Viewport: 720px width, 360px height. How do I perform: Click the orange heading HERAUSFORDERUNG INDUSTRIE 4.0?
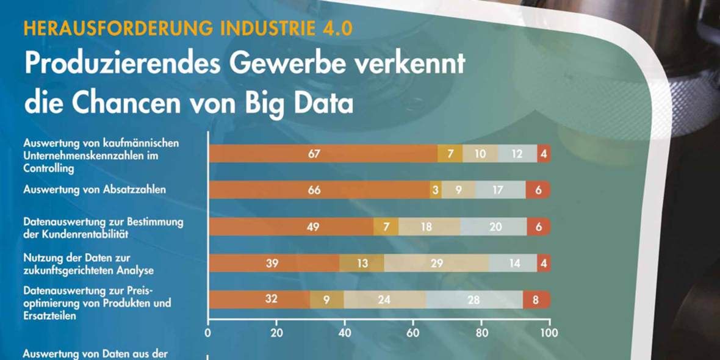tap(188, 29)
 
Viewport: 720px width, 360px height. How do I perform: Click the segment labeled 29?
tap(436, 263)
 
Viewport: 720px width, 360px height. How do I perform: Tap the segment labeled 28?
tap(474, 300)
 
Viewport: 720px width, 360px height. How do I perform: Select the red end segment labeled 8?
tap(536, 300)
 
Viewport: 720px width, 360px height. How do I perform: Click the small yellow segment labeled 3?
tap(436, 190)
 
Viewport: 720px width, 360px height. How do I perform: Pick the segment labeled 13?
tap(362, 263)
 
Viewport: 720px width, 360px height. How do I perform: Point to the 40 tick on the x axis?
tap(345, 333)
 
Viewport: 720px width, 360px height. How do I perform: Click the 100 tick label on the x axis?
tap(549, 333)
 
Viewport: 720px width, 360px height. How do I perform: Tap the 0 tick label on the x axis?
tap(208, 333)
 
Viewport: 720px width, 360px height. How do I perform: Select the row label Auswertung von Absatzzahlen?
tap(95, 190)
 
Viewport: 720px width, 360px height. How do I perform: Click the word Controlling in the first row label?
tap(48, 168)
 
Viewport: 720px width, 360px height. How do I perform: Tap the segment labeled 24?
tap(385, 300)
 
